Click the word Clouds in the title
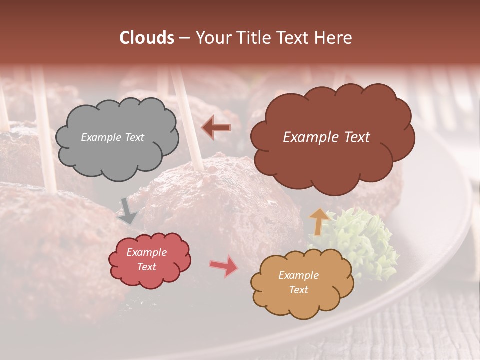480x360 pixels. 147,38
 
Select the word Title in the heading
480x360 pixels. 252,38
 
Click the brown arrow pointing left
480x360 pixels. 216,127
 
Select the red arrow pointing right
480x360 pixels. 223,266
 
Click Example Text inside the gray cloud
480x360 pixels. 112,137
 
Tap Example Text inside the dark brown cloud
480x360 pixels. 326,137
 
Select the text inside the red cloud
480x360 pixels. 146,260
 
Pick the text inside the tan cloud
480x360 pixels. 298,282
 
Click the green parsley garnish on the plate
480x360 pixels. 367,237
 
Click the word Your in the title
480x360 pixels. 214,38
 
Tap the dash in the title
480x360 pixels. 184,38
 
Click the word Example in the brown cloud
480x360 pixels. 306,137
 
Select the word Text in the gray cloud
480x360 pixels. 133,137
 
